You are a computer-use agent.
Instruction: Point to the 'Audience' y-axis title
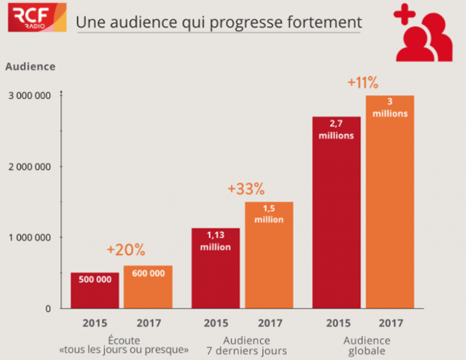point(30,66)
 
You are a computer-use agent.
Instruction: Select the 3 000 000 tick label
point(29,96)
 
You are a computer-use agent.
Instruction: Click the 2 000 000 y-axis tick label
point(29,167)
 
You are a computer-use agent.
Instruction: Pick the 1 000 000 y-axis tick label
point(29,238)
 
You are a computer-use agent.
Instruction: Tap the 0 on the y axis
point(47,308)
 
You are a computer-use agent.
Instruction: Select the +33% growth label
point(246,189)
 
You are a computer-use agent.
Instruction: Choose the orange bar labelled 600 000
point(148,287)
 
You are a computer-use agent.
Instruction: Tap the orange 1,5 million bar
point(268,254)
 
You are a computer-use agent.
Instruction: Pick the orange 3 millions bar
point(390,202)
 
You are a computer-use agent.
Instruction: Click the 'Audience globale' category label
point(363,344)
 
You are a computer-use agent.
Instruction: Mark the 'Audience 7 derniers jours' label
point(242,344)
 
